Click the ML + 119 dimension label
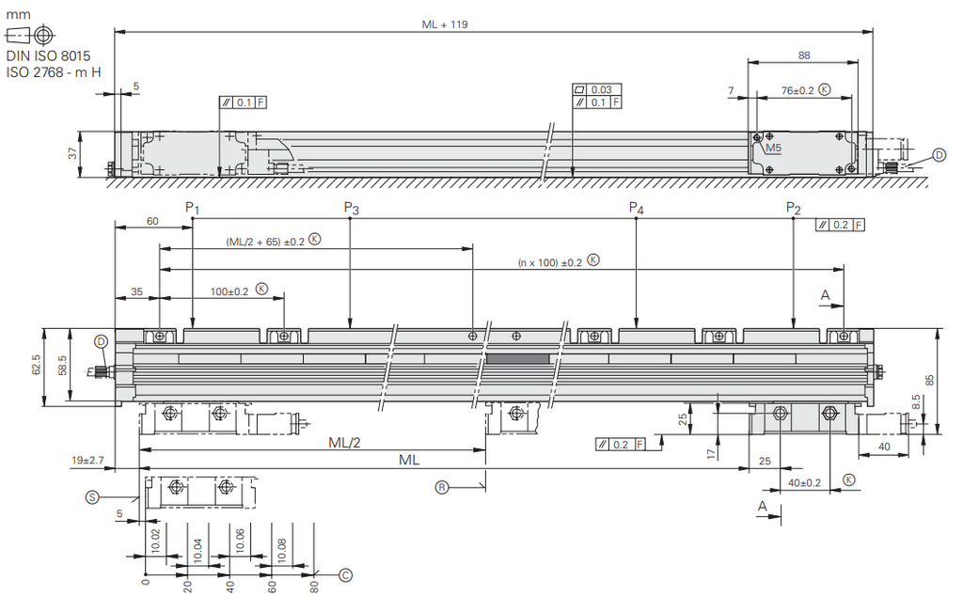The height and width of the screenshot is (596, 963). pyautogui.click(x=444, y=24)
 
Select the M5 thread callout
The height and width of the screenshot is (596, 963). pyautogui.click(x=773, y=148)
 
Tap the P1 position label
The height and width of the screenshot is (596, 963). pyautogui.click(x=192, y=209)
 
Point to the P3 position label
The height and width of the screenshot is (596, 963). pyautogui.click(x=351, y=209)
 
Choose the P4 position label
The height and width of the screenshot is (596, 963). pyautogui.click(x=637, y=209)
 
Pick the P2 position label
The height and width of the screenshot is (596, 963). pyautogui.click(x=794, y=209)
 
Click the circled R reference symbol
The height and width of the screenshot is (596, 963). pyautogui.click(x=442, y=488)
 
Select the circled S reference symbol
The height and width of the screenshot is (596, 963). pyautogui.click(x=91, y=497)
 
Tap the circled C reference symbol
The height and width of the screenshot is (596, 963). pyautogui.click(x=346, y=575)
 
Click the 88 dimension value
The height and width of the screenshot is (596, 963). pyautogui.click(x=803, y=55)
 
